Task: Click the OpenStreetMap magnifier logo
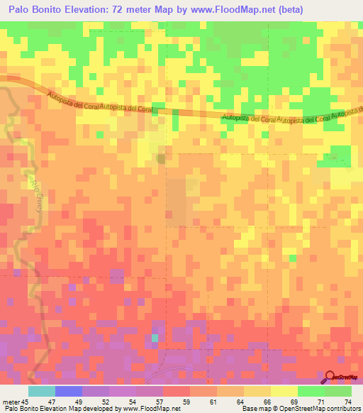330,378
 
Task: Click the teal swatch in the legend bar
42,391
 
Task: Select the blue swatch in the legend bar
69,391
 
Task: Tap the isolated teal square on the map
155,338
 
